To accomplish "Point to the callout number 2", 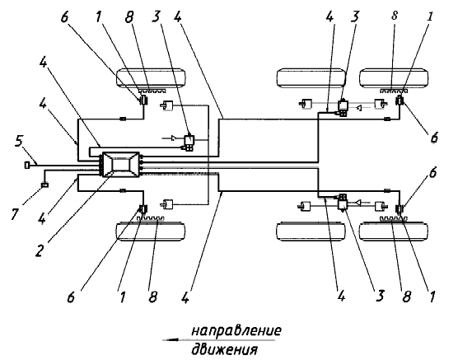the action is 40,250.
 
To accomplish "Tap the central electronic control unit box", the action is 119,164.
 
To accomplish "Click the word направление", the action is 236,331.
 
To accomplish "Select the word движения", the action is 224,349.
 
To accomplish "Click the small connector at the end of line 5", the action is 27,165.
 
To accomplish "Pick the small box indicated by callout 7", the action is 44,185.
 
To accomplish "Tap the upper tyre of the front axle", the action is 151,77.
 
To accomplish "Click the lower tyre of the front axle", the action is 151,231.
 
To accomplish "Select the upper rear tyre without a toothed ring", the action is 311,77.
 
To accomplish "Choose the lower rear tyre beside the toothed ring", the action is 394,231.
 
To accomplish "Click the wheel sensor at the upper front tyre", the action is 143,101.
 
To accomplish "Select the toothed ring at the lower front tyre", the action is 152,218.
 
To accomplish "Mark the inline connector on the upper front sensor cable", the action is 124,119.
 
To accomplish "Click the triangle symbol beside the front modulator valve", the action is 174,138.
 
